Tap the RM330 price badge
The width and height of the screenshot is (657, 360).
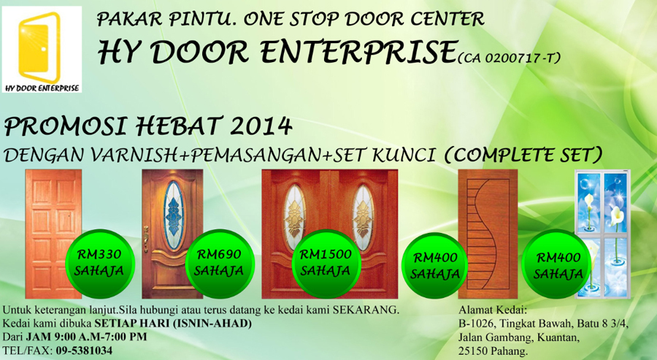[100, 263]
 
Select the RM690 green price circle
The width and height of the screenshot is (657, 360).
[220, 263]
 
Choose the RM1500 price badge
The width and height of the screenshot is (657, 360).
[326, 263]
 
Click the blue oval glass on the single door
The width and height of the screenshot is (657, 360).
[172, 215]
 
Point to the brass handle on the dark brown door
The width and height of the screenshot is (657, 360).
[146, 239]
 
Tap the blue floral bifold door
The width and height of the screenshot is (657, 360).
[603, 234]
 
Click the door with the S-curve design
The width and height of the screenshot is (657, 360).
[488, 234]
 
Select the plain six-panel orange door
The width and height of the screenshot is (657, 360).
[53, 234]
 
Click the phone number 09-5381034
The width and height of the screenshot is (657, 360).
[84, 351]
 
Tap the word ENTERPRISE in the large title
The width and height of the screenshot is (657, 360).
[358, 52]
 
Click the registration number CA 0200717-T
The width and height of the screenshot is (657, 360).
[509, 58]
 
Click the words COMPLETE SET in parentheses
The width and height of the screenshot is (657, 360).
[523, 155]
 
